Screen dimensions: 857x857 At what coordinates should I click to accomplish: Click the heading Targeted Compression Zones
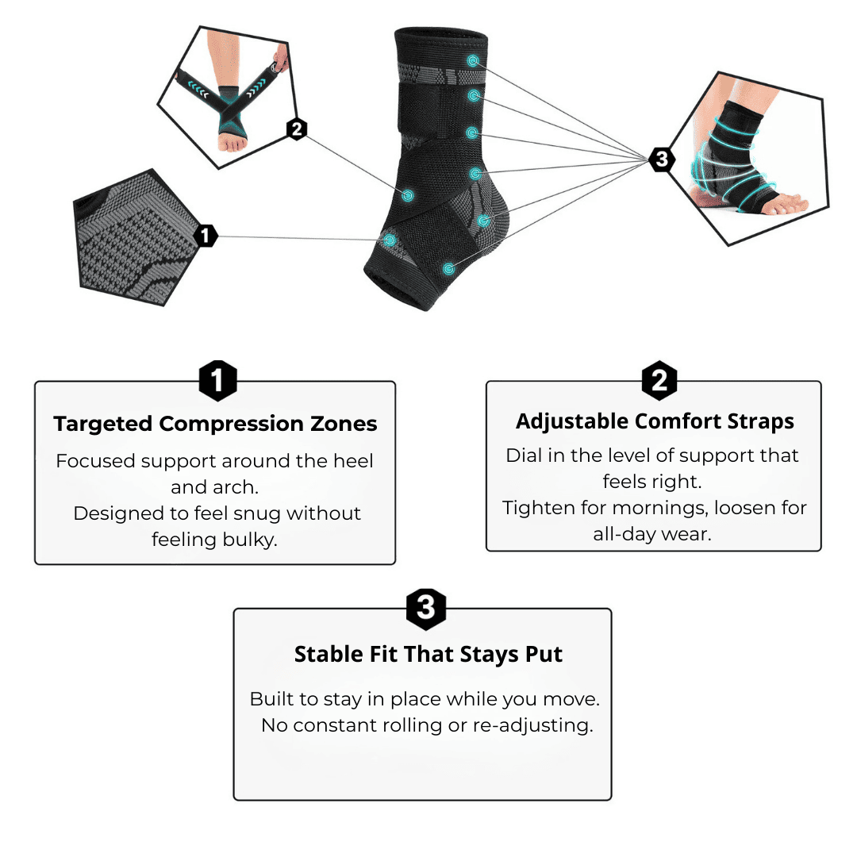[x=215, y=424]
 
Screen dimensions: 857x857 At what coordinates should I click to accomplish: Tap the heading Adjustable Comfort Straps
[x=655, y=421]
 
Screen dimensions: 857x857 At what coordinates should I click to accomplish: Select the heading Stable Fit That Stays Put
[x=428, y=654]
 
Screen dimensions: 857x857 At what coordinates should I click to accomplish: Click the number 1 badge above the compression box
[x=217, y=382]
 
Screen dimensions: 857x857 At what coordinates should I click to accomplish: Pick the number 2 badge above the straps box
[x=659, y=381]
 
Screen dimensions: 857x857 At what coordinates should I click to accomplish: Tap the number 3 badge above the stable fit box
[x=426, y=609]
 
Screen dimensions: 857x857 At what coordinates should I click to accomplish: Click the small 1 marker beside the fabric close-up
[x=206, y=236]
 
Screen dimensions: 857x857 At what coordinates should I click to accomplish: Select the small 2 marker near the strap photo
[x=297, y=129]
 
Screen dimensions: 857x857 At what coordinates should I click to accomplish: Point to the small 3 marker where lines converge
[x=661, y=159]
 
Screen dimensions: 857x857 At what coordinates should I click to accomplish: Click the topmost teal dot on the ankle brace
[x=474, y=61]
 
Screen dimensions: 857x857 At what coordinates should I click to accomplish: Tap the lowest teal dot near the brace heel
[x=448, y=269]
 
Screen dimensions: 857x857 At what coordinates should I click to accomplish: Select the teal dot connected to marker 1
[x=390, y=239]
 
